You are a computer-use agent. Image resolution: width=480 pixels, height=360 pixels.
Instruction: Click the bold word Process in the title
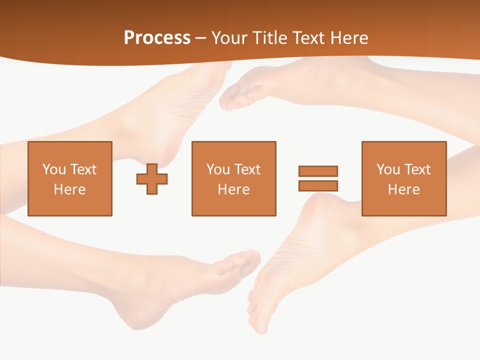157,38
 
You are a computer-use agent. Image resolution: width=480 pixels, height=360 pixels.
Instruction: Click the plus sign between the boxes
152,179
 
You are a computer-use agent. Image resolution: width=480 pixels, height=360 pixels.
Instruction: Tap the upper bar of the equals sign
318,171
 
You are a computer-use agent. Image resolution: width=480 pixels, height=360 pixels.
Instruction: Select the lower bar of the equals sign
318,185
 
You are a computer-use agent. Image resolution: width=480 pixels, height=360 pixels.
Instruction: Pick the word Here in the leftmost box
69,189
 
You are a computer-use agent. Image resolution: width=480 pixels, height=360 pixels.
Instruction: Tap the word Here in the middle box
233,189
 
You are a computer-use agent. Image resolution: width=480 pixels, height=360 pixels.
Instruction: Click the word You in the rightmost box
388,169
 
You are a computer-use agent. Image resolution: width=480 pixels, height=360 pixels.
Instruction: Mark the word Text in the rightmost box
417,169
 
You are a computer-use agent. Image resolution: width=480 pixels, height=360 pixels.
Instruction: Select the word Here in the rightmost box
403,189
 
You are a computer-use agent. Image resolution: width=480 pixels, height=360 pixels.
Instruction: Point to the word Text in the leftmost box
83,169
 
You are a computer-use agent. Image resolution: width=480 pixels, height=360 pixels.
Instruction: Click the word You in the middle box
218,169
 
